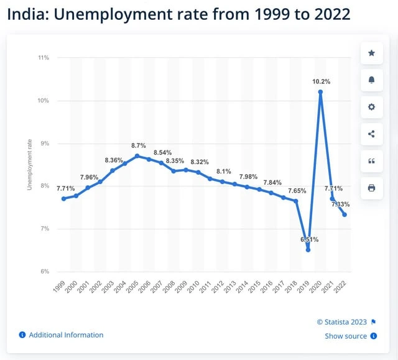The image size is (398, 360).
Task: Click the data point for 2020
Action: (x=320, y=92)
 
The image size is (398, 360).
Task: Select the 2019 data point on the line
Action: (x=308, y=249)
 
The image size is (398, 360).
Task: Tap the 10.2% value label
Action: (x=322, y=81)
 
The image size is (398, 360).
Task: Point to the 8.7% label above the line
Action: (x=139, y=145)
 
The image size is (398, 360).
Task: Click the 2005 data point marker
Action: (x=137, y=155)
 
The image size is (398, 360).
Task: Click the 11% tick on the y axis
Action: (x=44, y=58)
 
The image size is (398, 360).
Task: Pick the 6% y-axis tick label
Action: (x=44, y=272)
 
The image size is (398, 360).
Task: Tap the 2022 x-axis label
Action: (x=341, y=286)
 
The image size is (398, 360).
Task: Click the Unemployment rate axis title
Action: (x=29, y=165)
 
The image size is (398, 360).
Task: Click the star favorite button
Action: (x=371, y=53)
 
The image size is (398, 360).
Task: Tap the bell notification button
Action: (x=371, y=80)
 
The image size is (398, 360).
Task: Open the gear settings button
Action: (x=371, y=107)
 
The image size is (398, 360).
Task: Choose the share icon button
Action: (x=371, y=134)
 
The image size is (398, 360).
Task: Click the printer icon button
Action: (x=371, y=187)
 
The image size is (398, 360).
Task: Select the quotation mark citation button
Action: (x=371, y=160)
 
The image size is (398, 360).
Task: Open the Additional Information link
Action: (x=66, y=335)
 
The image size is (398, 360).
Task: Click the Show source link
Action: (x=346, y=336)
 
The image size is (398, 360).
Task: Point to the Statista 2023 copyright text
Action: (x=342, y=321)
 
